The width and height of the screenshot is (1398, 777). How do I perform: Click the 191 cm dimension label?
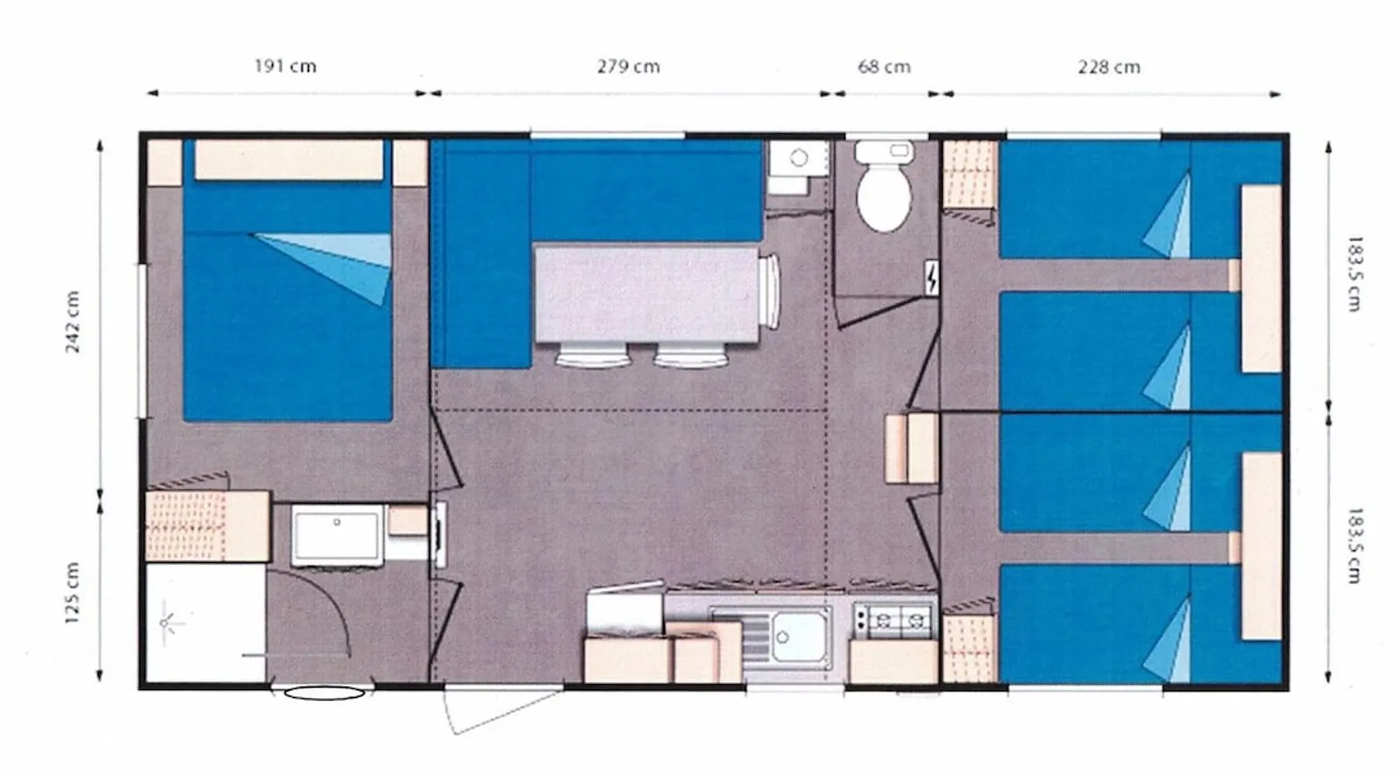(x=285, y=66)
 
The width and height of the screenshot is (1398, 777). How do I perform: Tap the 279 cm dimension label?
(x=628, y=66)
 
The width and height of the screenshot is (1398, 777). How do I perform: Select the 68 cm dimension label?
(x=884, y=67)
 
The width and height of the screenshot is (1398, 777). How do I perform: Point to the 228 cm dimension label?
(x=1109, y=67)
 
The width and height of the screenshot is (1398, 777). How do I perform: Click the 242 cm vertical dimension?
(x=72, y=322)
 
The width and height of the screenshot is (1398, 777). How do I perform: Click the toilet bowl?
(x=884, y=186)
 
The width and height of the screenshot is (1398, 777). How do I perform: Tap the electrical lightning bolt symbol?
(x=931, y=278)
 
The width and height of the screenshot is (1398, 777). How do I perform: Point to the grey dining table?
(x=646, y=294)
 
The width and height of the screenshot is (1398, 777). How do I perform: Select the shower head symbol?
(x=167, y=622)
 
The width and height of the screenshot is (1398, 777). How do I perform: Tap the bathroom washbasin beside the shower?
(x=337, y=535)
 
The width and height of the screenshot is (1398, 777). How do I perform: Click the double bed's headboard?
(x=288, y=160)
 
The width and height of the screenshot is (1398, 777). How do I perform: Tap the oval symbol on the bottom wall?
(x=324, y=693)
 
